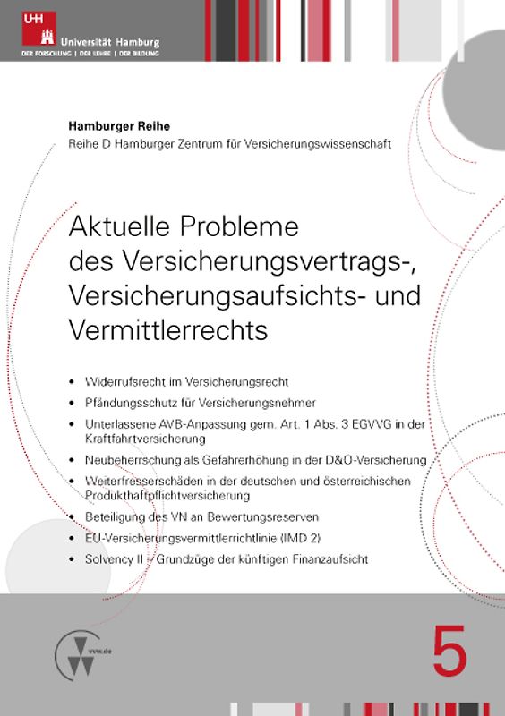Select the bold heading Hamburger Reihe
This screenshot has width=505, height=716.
click(120, 126)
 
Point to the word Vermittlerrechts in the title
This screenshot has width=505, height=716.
click(168, 329)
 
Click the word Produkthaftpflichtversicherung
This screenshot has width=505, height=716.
click(167, 495)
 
